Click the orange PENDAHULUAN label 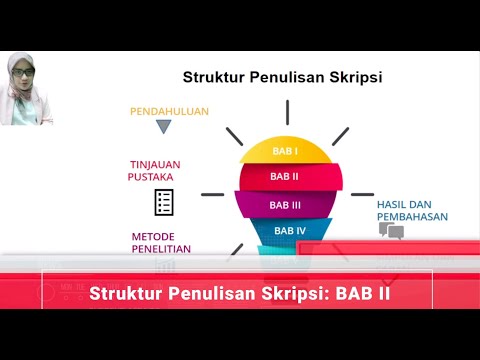click(x=169, y=111)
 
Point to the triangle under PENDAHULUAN click(x=164, y=127)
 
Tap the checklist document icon click(x=164, y=201)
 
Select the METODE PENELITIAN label click(x=161, y=243)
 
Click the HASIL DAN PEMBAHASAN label click(x=411, y=210)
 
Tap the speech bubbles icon click(x=391, y=231)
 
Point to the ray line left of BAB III click(x=212, y=194)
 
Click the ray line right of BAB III click(x=355, y=194)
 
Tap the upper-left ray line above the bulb click(x=235, y=135)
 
